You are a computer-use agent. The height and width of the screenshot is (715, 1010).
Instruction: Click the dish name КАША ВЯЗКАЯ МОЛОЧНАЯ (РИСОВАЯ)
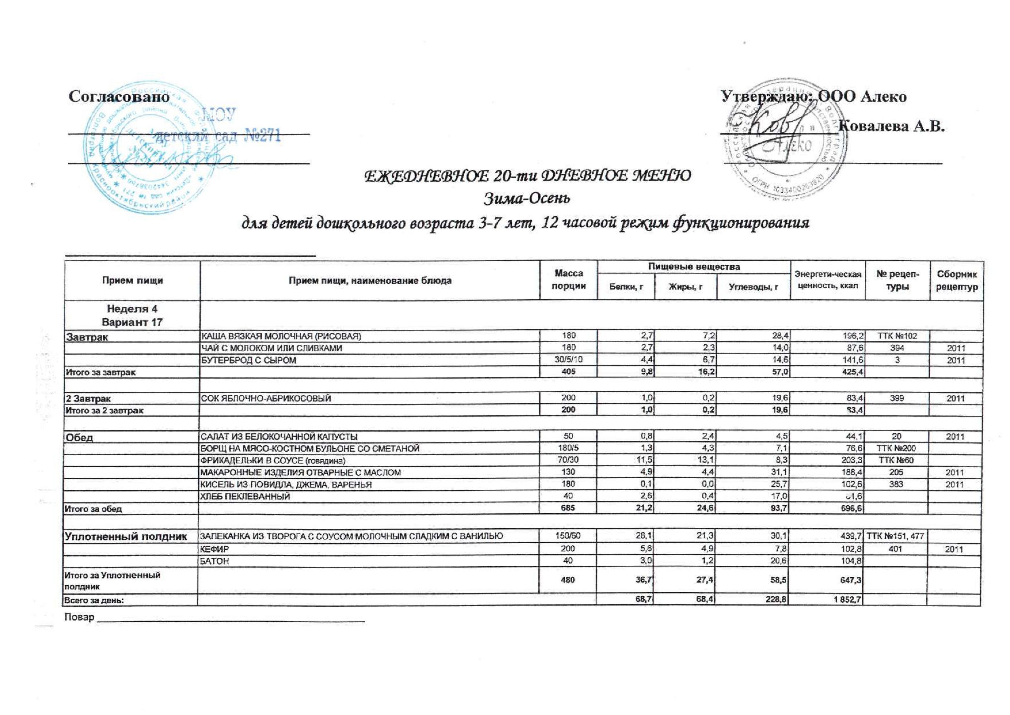(281, 337)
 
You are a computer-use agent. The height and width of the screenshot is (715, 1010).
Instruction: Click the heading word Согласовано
(119, 97)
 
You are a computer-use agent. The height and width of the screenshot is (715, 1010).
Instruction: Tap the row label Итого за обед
(93, 509)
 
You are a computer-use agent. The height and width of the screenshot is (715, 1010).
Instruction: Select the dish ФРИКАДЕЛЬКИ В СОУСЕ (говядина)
(273, 461)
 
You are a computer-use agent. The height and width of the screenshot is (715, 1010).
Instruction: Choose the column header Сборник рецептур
(956, 281)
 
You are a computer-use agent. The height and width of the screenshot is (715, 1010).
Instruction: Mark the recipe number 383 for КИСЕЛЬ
(896, 484)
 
